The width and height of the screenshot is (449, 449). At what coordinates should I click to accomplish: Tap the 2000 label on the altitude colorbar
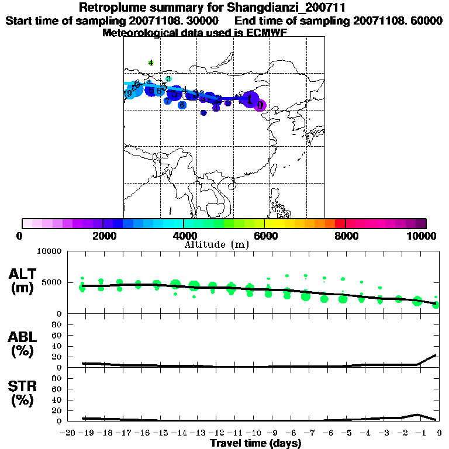[102, 236]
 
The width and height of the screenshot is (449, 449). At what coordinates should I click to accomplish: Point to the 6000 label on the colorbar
[264, 236]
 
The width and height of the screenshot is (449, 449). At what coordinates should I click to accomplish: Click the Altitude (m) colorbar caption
[216, 244]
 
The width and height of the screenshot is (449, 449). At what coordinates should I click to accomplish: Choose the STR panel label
[22, 393]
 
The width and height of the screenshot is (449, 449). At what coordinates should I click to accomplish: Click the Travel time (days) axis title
[255, 444]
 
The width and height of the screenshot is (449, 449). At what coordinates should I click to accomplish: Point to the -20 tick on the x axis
[67, 433]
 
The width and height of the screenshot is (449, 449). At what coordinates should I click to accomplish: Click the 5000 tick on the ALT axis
[51, 282]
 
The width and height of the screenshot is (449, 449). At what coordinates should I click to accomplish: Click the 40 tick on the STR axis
[57, 400]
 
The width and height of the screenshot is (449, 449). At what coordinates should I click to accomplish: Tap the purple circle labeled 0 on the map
[260, 105]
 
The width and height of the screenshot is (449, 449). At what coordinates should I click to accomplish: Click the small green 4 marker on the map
[151, 63]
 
